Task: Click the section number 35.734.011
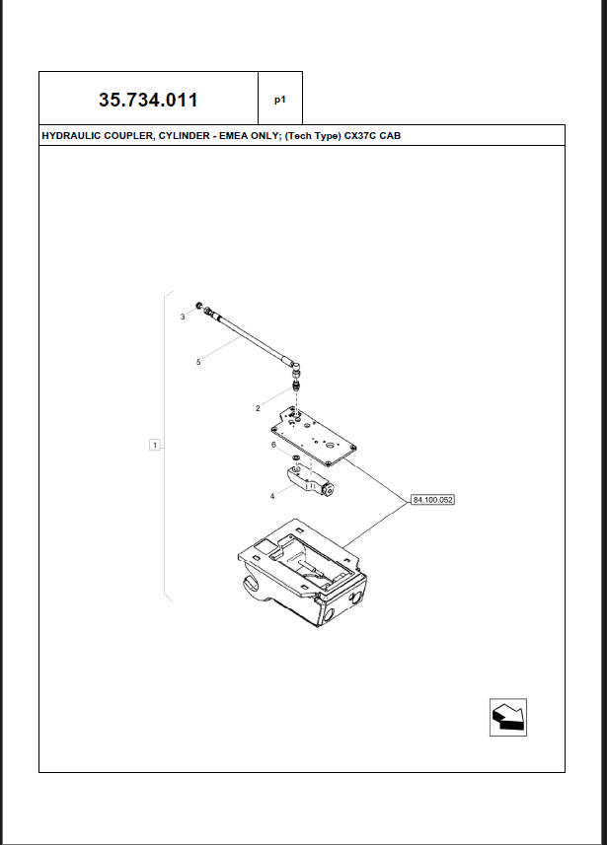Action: [148, 100]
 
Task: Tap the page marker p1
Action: [280, 100]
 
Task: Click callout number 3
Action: [182, 317]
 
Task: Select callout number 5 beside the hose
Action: [198, 363]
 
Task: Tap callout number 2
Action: [258, 407]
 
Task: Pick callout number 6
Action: [273, 445]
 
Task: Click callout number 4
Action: [272, 496]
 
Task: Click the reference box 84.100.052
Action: [431, 501]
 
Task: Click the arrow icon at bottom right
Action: [508, 717]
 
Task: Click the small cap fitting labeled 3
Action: [199, 306]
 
